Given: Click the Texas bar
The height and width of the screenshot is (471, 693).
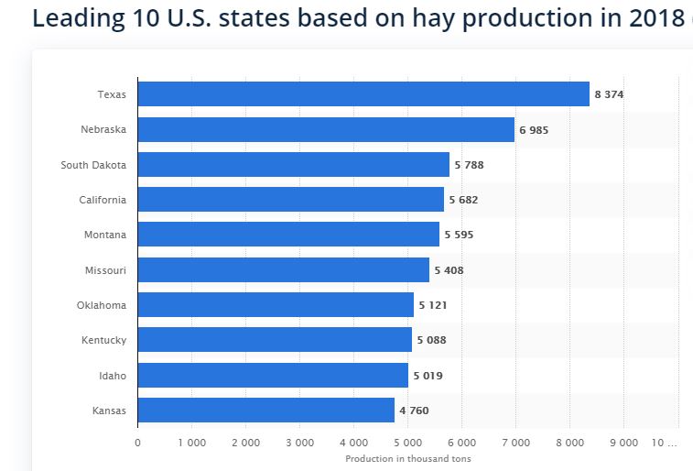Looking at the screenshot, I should [x=363, y=94].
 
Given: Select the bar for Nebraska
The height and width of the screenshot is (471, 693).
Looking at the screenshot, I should [x=326, y=130].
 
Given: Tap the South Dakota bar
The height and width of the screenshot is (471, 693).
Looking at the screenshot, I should [x=293, y=165].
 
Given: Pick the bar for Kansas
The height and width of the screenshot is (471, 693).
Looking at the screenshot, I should [x=265, y=410].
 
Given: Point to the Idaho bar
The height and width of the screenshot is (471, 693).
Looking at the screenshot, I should [x=273, y=376].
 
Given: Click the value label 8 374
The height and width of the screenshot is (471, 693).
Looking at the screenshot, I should [x=609, y=94].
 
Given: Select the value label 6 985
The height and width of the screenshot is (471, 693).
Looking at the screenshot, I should [x=534, y=130].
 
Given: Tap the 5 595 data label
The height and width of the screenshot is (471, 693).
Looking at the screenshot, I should [x=459, y=235].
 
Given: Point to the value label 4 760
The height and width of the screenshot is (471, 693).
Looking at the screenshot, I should [x=414, y=411].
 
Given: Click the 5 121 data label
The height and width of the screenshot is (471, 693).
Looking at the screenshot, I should [x=433, y=305].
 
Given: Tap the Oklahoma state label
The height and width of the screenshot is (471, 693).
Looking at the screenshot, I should [x=102, y=305].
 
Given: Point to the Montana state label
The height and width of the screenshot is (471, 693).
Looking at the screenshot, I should [x=106, y=235].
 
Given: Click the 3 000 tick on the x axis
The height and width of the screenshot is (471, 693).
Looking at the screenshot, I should [x=299, y=442].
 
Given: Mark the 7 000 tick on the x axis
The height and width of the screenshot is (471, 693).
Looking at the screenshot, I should [x=515, y=442].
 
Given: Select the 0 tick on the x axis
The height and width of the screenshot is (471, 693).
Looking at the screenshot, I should [x=137, y=442].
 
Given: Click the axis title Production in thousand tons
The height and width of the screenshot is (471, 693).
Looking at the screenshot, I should [x=408, y=459].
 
